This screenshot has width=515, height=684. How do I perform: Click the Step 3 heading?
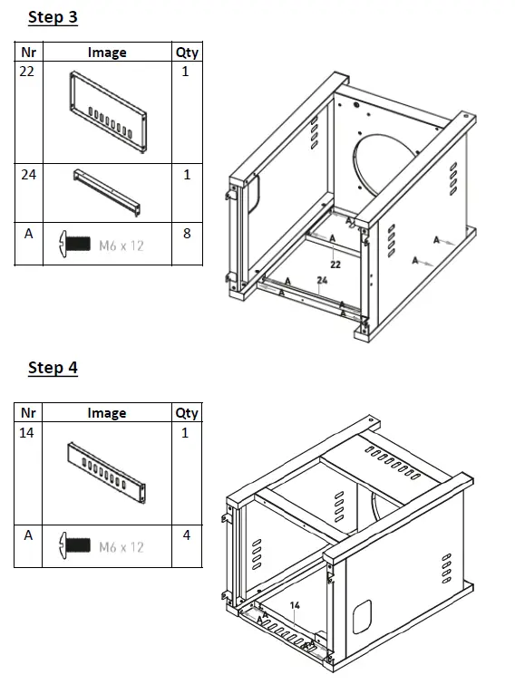point(53,17)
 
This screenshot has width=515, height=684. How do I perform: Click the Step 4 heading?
point(53,367)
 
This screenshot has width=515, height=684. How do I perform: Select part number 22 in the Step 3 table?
point(26,71)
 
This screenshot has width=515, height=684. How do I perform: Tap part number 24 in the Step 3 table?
point(28,175)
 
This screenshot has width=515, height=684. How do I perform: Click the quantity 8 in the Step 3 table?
point(187,234)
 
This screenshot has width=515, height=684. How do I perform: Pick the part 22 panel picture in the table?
point(107,112)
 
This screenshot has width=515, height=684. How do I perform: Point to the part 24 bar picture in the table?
point(107,192)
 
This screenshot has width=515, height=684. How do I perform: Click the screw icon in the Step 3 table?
point(74,244)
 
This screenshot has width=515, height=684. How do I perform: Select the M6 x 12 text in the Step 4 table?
point(121,547)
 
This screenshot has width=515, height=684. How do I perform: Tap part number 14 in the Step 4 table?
point(26,432)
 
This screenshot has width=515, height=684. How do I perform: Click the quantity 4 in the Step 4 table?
point(187,535)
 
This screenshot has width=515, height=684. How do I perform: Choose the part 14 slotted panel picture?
point(106,473)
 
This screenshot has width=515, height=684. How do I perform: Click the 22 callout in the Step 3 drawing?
point(335,265)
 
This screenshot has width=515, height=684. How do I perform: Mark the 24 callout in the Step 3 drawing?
point(322,280)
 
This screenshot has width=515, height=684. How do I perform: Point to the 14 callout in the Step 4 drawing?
point(295,605)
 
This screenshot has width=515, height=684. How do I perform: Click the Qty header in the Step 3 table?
point(187,53)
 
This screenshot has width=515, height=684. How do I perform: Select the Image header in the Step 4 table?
point(107,413)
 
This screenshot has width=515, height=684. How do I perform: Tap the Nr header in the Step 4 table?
point(28,413)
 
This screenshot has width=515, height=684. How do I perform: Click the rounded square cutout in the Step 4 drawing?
point(363,617)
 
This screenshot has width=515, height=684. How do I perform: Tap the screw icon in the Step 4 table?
point(74,544)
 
